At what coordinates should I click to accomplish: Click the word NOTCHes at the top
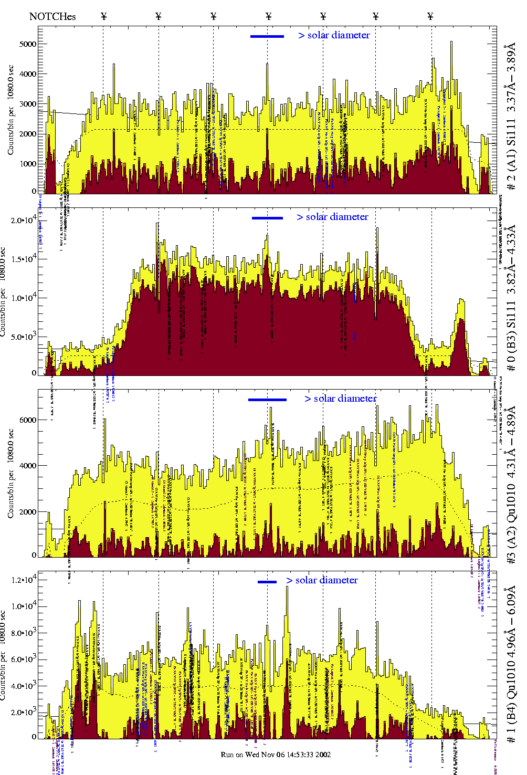click(52, 16)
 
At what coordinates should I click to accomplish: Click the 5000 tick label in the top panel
click(28, 44)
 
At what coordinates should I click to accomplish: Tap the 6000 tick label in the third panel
click(28, 420)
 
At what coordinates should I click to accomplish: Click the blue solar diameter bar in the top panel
click(267, 36)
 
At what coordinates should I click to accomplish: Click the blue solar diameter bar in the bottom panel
click(267, 582)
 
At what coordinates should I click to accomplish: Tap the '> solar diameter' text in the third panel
click(340, 399)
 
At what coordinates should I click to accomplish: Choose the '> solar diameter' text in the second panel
click(332, 217)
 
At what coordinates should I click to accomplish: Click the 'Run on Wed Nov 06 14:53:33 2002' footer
click(276, 755)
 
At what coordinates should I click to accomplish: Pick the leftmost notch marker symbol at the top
click(103, 16)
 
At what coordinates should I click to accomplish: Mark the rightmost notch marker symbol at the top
click(430, 16)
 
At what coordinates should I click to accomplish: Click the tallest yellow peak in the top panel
click(451, 43)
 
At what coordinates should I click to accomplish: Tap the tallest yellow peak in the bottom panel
click(287, 588)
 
